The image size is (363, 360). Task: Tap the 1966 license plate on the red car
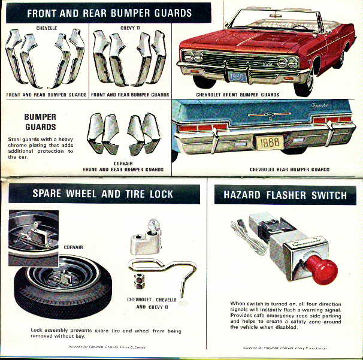(x=238, y=78)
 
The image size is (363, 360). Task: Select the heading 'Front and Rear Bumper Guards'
(x=108, y=12)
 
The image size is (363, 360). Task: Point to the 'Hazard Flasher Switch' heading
(x=285, y=194)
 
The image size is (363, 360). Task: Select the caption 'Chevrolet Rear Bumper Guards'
(x=289, y=170)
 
